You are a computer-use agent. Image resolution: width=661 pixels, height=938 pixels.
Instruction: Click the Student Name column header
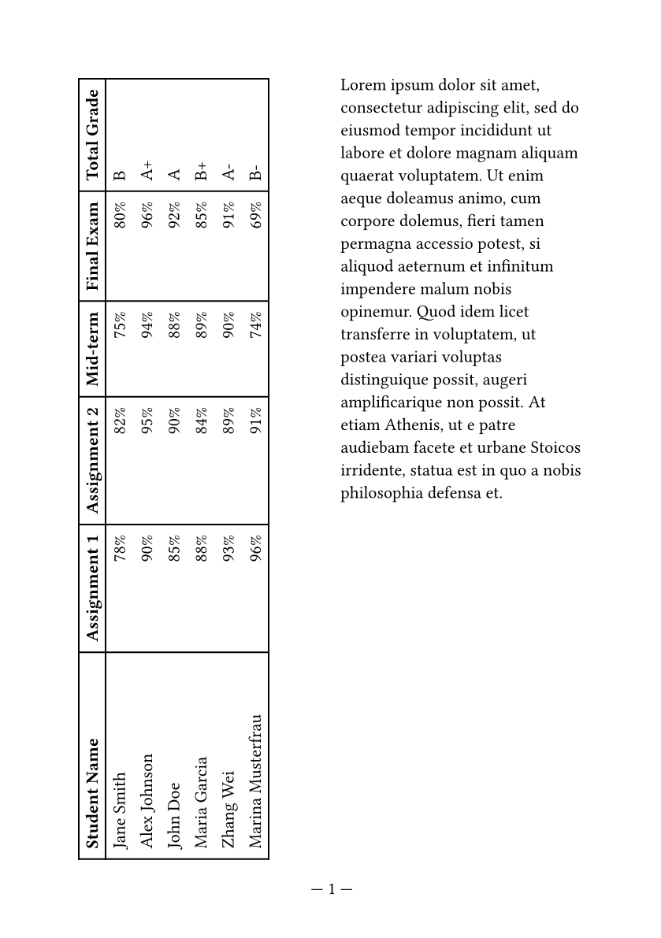(x=92, y=793)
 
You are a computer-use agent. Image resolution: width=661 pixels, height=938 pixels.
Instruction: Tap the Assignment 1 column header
(x=92, y=588)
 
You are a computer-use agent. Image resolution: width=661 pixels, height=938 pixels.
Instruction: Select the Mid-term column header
(x=92, y=349)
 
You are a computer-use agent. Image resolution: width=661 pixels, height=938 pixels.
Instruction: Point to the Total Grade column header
(x=92, y=133)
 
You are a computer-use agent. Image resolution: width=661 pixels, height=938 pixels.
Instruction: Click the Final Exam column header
(x=92, y=246)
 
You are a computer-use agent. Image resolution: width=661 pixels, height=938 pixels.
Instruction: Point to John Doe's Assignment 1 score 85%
(x=174, y=549)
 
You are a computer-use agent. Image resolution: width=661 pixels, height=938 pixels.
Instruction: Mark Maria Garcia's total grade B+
(x=201, y=171)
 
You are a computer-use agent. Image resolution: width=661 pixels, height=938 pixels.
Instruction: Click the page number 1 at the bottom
(x=332, y=889)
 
